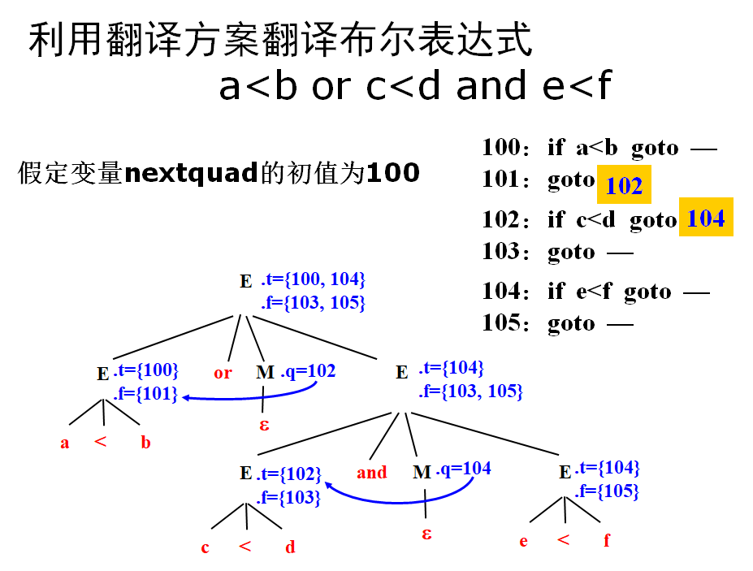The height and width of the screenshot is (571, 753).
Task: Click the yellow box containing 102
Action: tap(624, 186)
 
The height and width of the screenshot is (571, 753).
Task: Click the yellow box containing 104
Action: tap(705, 218)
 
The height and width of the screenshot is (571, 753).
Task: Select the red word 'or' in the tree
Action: tap(223, 373)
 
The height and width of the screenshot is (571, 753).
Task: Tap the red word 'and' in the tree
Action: tap(371, 473)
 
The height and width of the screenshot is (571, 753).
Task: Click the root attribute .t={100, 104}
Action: tap(314, 280)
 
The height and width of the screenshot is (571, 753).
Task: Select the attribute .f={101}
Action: tap(145, 395)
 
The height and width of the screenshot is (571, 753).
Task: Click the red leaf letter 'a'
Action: tap(65, 443)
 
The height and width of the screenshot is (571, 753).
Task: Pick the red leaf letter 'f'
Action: tap(607, 541)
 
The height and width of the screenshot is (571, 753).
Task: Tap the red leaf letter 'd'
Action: tap(290, 547)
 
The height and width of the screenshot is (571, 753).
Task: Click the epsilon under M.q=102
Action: tap(265, 424)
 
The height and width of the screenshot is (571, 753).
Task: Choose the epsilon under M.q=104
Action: tap(426, 534)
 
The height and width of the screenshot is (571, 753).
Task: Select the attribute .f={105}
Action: tap(608, 491)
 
